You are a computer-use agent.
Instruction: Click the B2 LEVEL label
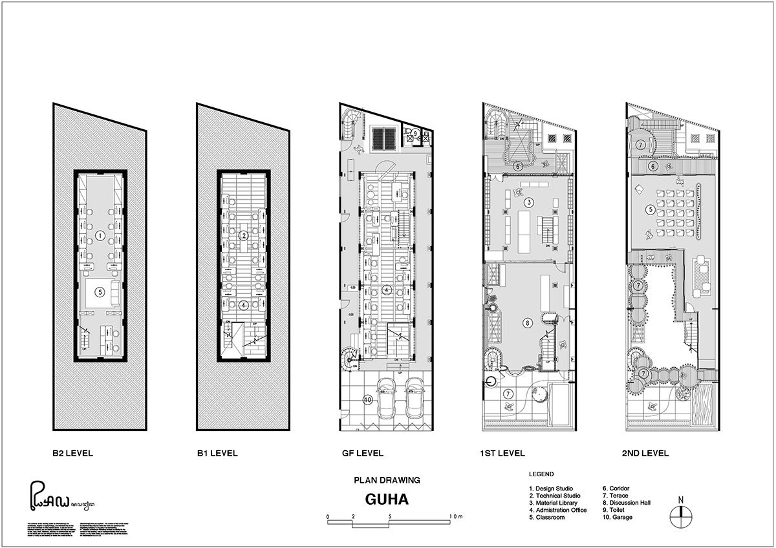click(x=72, y=453)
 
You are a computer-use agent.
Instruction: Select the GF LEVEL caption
click(x=363, y=453)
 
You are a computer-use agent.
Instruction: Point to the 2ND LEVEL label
click(x=645, y=453)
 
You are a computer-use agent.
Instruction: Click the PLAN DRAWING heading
click(x=387, y=480)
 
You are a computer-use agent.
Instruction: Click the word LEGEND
click(x=541, y=474)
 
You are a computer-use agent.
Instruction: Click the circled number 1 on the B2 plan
click(x=100, y=237)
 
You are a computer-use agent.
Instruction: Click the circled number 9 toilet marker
click(x=415, y=132)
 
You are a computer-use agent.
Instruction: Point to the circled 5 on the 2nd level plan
click(x=649, y=209)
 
